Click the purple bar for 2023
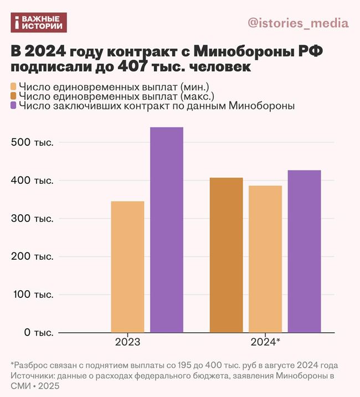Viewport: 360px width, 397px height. point(167,230)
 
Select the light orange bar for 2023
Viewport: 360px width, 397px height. point(127,267)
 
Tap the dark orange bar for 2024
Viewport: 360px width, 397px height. point(227,255)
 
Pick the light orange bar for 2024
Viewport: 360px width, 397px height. point(265,259)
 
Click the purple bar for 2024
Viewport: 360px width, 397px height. point(304,251)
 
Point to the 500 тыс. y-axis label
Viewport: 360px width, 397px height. point(33,142)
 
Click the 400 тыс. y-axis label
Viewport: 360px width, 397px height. point(33,181)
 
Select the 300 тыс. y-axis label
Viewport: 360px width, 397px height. point(33,219)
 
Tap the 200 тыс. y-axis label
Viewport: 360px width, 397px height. point(33,257)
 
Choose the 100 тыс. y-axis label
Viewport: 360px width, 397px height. point(33,295)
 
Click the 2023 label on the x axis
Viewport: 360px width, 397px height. point(127,342)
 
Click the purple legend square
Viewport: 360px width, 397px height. point(14,106)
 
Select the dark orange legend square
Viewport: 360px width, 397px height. point(14,96)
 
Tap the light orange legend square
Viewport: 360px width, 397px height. point(14,87)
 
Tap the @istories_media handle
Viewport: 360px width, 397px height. point(298,23)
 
